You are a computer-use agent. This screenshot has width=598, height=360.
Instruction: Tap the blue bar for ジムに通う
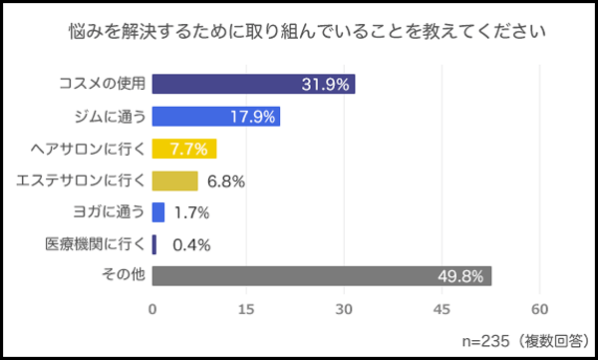(x=215, y=117)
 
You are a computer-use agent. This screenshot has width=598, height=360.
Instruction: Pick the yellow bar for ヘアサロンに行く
(x=183, y=150)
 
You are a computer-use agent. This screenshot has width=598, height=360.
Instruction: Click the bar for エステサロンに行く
(x=174, y=181)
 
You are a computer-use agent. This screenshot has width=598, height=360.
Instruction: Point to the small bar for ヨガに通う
(x=157, y=212)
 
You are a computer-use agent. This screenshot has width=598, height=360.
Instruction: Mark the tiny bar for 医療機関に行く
(x=154, y=243)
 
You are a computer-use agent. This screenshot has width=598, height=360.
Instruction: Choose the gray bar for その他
(x=321, y=275)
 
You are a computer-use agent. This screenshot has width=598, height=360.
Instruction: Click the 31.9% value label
(x=325, y=85)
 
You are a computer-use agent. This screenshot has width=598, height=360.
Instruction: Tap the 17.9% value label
(x=252, y=117)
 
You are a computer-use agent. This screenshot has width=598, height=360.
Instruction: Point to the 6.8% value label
(x=224, y=181)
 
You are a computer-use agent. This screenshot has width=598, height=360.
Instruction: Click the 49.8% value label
(x=462, y=276)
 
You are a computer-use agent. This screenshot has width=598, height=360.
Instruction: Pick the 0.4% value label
(x=189, y=244)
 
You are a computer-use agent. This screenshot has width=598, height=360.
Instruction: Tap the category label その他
(x=125, y=275)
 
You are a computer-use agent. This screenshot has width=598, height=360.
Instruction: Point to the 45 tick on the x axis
(x=444, y=309)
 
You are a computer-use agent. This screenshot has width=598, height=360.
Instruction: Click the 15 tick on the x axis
(x=249, y=309)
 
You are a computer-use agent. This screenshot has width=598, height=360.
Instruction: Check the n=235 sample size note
(x=505, y=339)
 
